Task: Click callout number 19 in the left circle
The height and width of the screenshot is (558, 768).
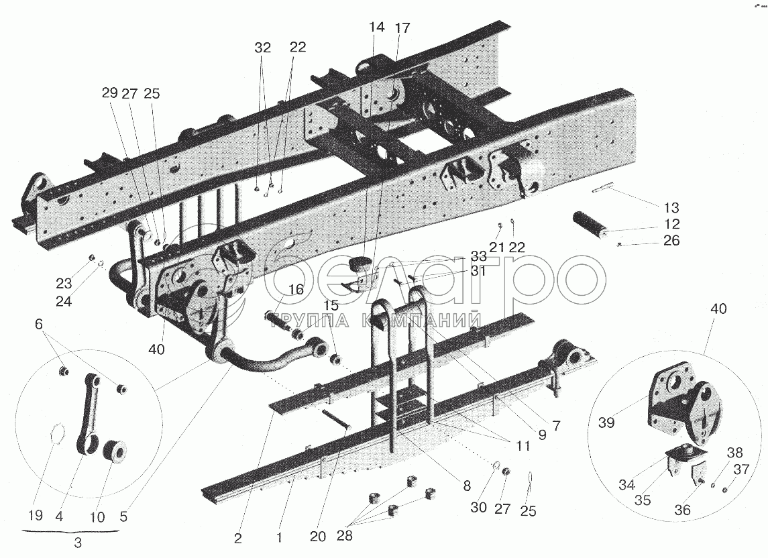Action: coord(36,516)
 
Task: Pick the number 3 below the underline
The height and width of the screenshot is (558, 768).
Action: coord(78,543)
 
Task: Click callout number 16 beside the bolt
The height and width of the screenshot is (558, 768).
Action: coord(296,290)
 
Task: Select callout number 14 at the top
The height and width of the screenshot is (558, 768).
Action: coord(376,27)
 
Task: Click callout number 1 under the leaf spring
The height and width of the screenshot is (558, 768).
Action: coord(279,537)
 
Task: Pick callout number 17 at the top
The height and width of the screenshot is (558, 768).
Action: coord(402,27)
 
